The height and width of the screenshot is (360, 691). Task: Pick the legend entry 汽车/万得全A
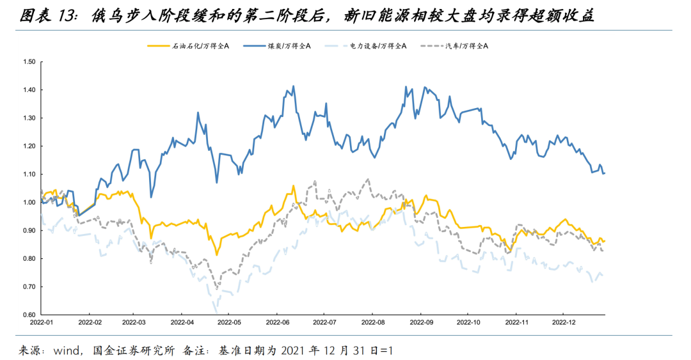[x=467, y=46]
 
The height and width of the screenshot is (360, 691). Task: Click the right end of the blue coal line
[x=605, y=173]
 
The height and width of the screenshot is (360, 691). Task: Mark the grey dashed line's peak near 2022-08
[x=368, y=179]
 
